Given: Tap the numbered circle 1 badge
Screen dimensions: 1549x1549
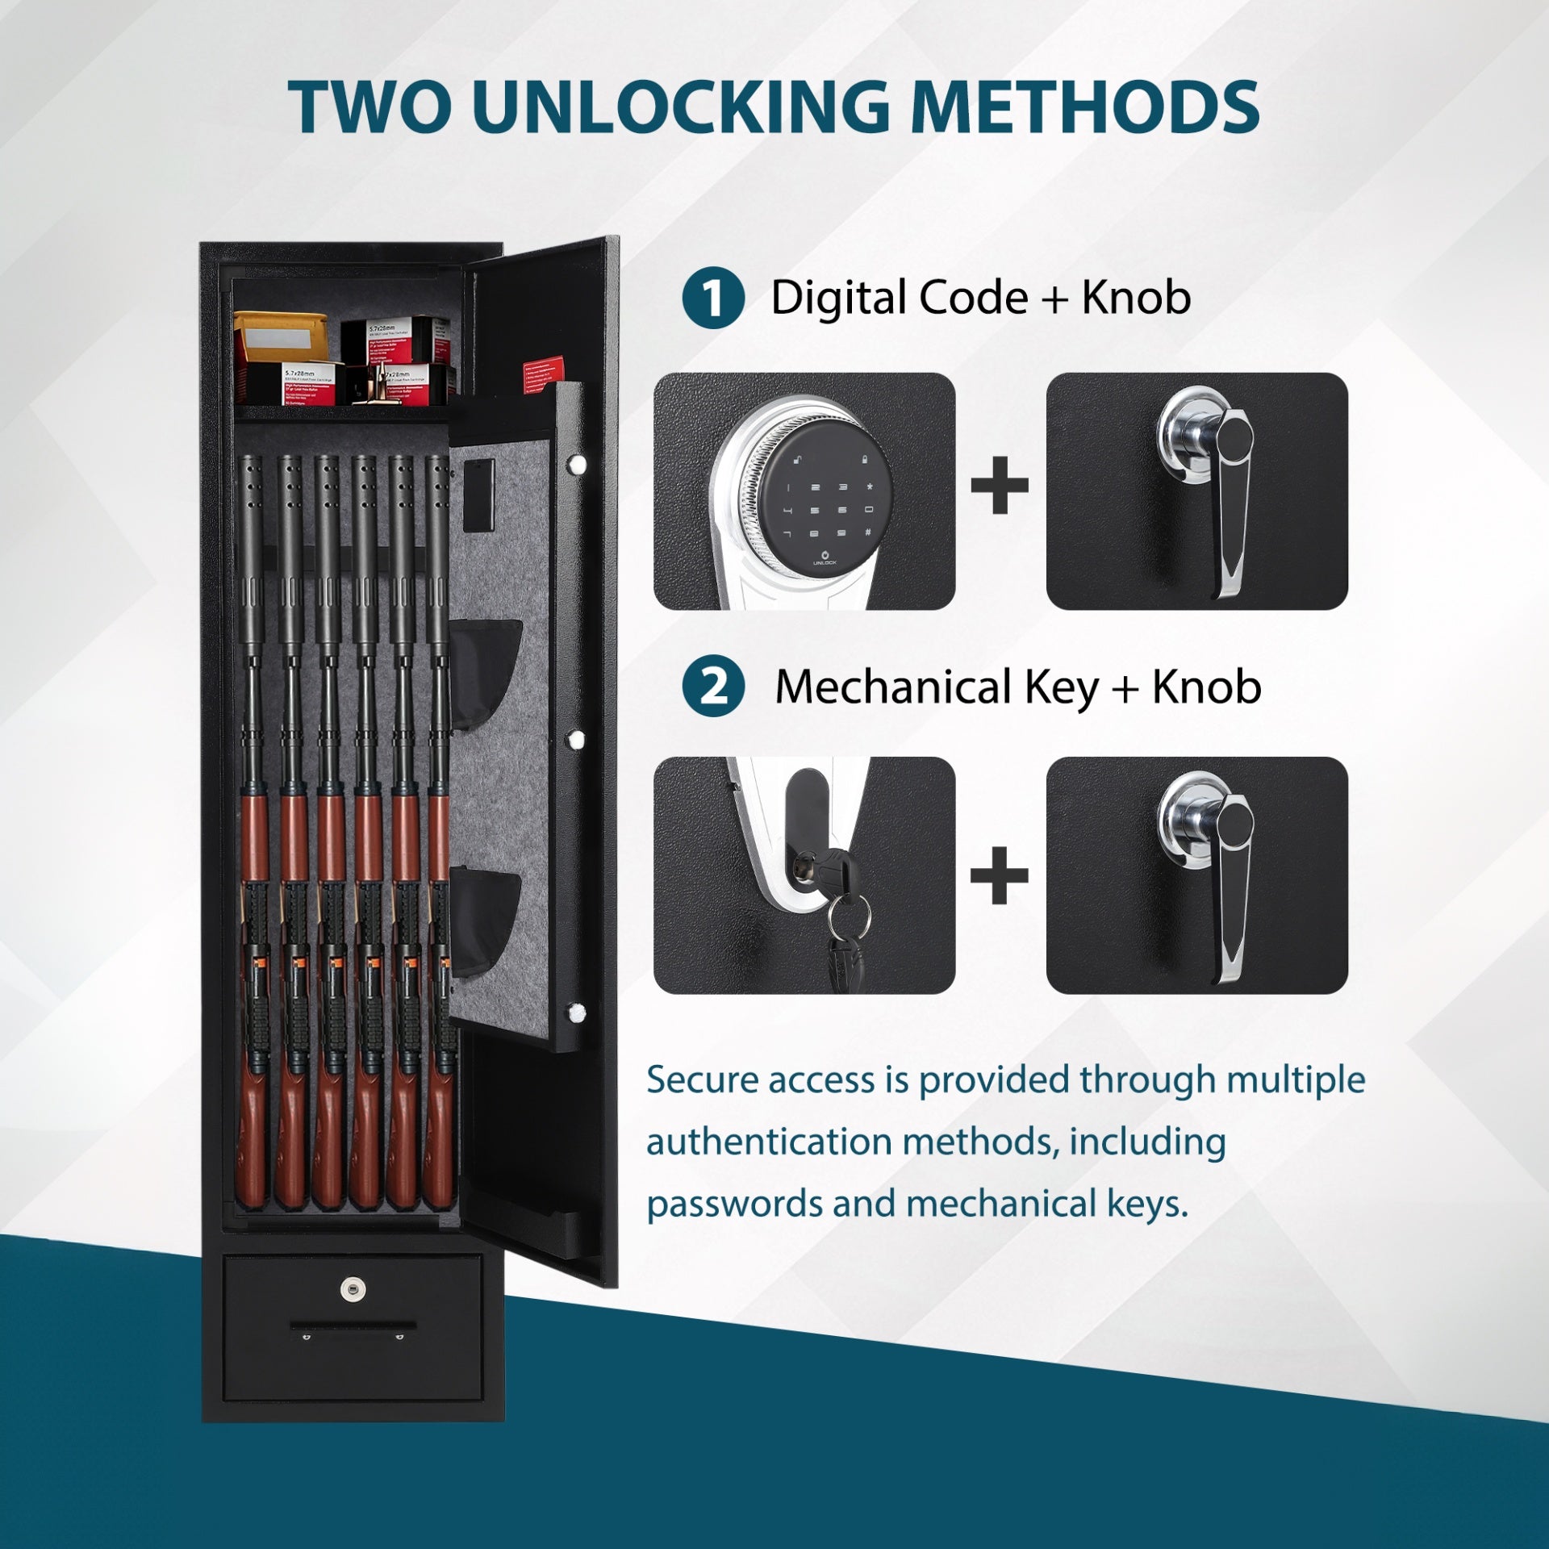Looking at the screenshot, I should click(712, 299).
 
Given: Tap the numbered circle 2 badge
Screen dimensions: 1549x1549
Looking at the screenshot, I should click(712, 687).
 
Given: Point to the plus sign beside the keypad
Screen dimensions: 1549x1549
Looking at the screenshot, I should click(1000, 485).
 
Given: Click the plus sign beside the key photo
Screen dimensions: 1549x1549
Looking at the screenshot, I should click(1000, 875).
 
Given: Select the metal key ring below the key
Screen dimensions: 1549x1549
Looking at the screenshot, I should click(850, 915).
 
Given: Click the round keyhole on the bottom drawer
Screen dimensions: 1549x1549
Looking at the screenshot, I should click(353, 1288).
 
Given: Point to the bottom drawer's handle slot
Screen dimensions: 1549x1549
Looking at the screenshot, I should click(353, 1326).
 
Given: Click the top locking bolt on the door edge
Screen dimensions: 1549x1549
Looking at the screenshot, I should click(576, 464).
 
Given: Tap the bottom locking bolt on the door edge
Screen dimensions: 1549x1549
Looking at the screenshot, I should click(576, 1012).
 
